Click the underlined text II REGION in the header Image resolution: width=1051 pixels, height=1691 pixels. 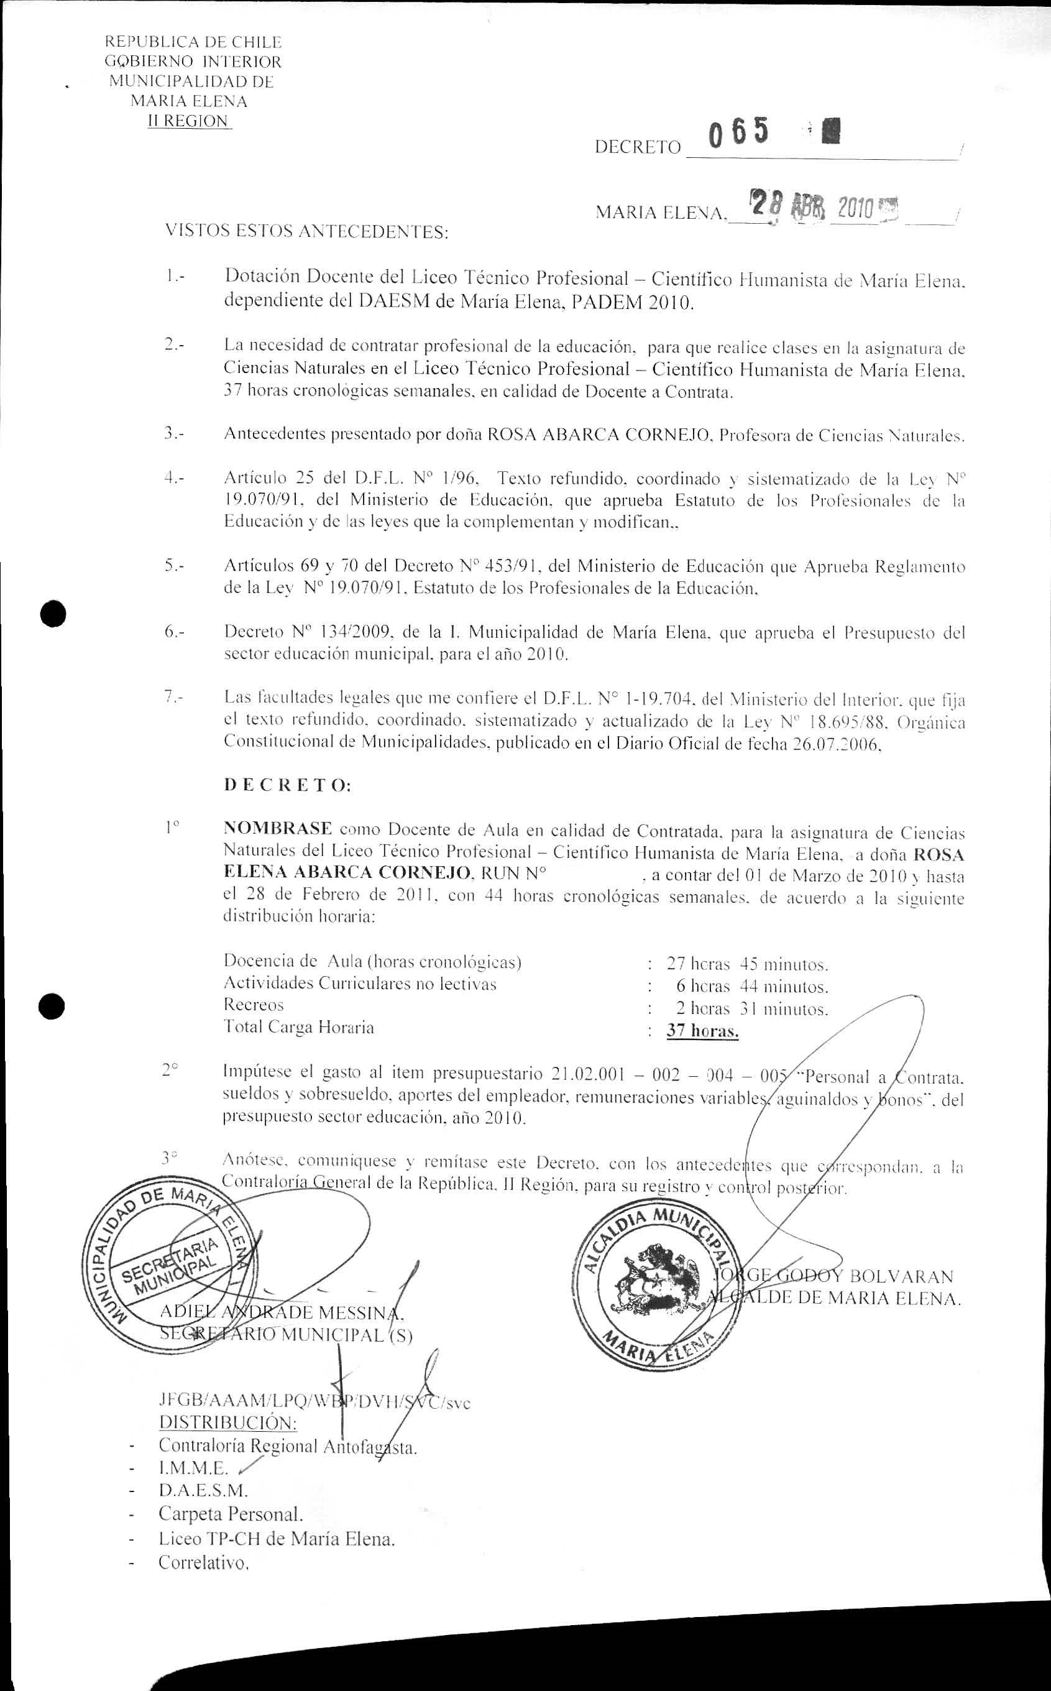[188, 121]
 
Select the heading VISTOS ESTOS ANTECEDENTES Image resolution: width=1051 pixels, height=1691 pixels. [306, 231]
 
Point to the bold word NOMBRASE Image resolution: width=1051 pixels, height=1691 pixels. [277, 829]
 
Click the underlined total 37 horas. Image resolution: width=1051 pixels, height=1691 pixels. [702, 1031]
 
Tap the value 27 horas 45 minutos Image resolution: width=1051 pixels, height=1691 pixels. [747, 964]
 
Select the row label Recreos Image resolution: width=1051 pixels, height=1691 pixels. [254, 1005]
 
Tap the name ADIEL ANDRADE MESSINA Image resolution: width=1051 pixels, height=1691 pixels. [282, 1312]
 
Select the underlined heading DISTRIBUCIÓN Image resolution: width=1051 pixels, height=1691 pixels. [228, 1422]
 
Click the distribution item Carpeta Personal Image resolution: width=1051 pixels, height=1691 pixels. [231, 1513]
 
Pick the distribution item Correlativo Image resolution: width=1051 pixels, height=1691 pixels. [203, 1562]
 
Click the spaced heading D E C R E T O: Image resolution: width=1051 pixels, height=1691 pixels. [287, 786]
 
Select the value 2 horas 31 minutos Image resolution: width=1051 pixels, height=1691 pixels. [752, 1009]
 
